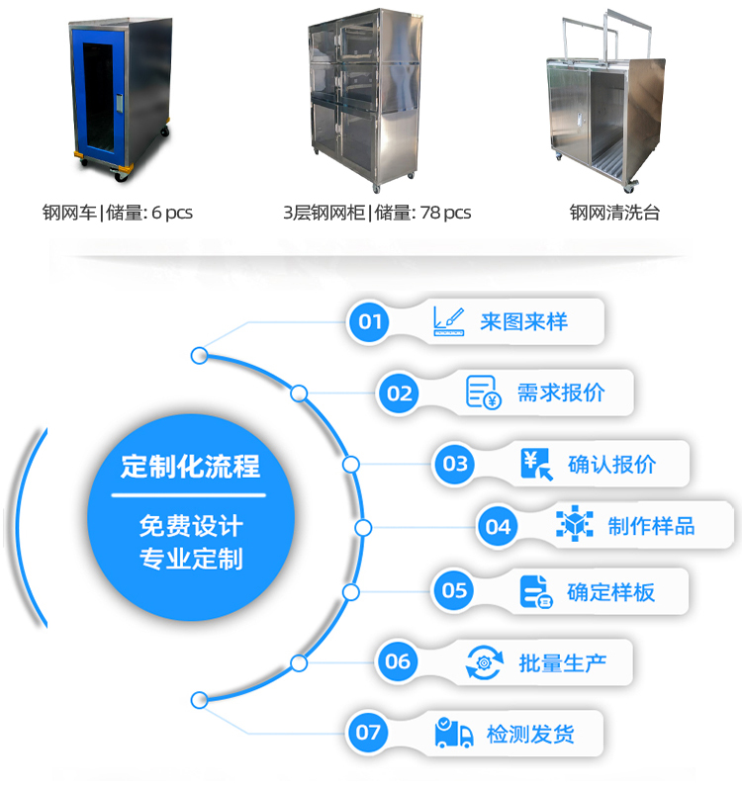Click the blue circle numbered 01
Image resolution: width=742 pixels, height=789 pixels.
click(370, 321)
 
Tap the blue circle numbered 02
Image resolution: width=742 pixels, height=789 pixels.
click(400, 394)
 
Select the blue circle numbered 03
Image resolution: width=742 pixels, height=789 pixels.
click(455, 464)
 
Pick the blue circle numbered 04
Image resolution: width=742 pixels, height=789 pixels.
click(498, 527)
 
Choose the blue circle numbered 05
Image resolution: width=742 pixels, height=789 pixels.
click(454, 591)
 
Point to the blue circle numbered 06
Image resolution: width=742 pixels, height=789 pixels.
click(398, 661)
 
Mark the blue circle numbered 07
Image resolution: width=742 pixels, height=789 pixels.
click(368, 733)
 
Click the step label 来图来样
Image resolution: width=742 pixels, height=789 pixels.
click(524, 322)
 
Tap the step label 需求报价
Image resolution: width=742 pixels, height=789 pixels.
click(561, 394)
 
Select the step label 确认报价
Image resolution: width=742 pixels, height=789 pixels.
click(612, 464)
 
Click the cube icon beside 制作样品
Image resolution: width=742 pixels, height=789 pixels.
click(574, 525)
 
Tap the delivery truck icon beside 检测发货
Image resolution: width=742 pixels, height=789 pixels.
click(454, 733)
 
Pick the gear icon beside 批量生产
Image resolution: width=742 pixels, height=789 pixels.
click(485, 661)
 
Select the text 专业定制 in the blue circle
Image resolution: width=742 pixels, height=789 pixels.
click(190, 559)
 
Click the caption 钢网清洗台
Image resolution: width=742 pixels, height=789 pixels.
click(614, 213)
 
